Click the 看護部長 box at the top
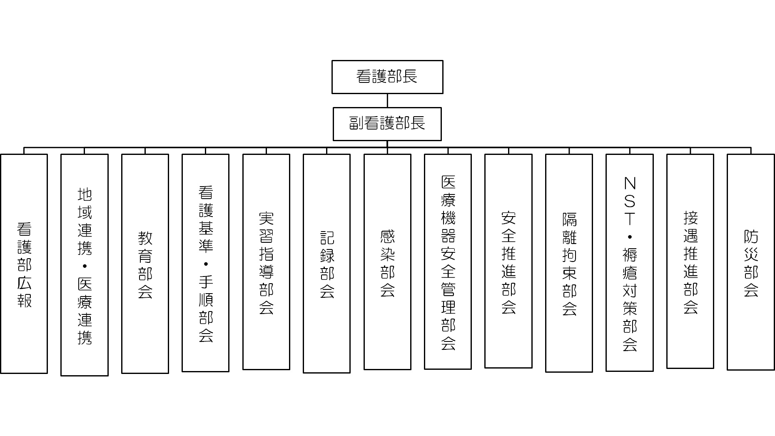pyautogui.click(x=387, y=77)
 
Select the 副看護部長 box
pyautogui.click(x=387, y=124)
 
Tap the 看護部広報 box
pyautogui.click(x=24, y=264)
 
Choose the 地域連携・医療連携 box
pyautogui.click(x=85, y=265)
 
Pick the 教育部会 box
pyautogui.click(x=145, y=264)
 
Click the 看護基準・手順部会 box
pyautogui.click(x=206, y=263)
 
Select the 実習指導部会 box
pyautogui.click(x=266, y=262)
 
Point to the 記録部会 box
pyautogui.click(x=327, y=264)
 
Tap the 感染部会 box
pyautogui.click(x=387, y=262)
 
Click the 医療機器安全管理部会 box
pyautogui.click(x=448, y=262)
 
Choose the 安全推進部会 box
pyautogui.click(x=508, y=261)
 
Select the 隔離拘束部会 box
pyautogui.click(x=569, y=263)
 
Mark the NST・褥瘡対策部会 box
pyautogui.click(x=630, y=263)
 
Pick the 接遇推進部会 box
pyautogui.click(x=690, y=261)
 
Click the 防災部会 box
pyautogui.click(x=751, y=262)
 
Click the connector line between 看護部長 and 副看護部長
pyautogui.click(x=387, y=101)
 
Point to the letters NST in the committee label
pyautogui.click(x=630, y=201)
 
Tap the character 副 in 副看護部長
pyautogui.click(x=356, y=123)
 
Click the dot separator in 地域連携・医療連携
pyautogui.click(x=85, y=266)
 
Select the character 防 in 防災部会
pyautogui.click(x=751, y=237)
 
